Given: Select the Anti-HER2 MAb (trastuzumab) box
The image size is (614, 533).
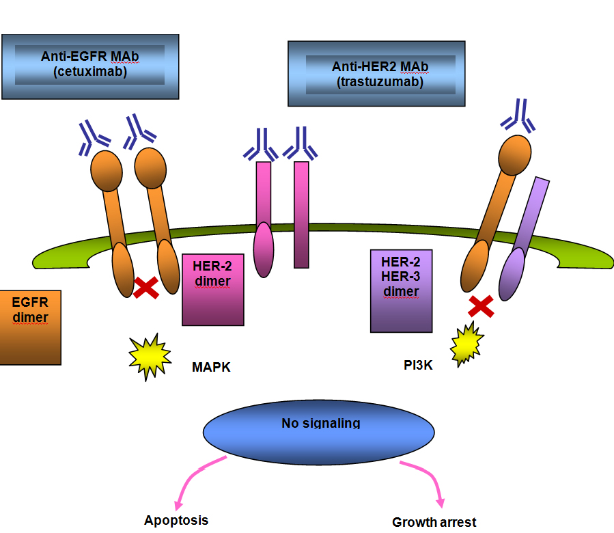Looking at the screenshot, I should coord(376,74).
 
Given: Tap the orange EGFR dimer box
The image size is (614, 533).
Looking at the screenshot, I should coord(30,327).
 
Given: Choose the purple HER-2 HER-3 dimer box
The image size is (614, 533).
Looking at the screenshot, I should coord(402,291).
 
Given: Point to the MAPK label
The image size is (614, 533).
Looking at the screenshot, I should coord(211,368).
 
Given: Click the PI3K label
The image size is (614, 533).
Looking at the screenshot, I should coord(418,365).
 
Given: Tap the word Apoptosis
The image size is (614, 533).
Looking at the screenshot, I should coord(176,520).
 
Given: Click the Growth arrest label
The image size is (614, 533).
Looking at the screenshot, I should coord(434,522).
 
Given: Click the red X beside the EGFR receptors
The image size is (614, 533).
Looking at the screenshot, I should coord(146,288).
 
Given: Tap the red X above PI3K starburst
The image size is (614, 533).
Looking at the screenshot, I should coord(481,305).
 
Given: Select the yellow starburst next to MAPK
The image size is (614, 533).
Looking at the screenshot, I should coord(150,355).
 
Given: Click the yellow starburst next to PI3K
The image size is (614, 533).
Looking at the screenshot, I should coord(466,344).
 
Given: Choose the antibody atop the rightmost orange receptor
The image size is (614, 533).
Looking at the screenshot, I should coord(518,117).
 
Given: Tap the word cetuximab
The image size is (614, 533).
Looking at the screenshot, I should coord(90,70).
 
